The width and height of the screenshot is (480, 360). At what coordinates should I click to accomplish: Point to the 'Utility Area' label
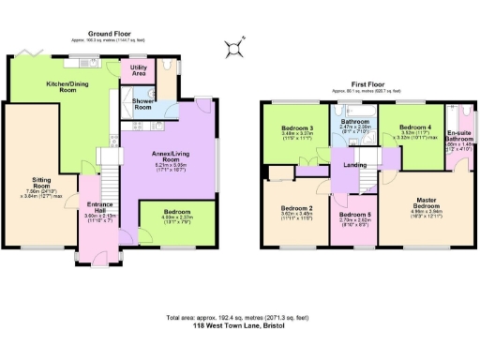point(138,69)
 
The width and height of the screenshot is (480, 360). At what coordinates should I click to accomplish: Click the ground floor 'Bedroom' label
point(175,212)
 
